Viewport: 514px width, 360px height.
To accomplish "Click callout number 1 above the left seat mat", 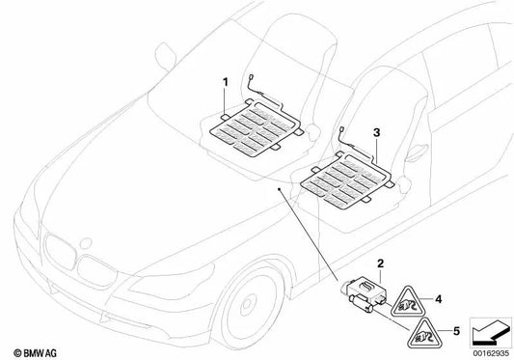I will pyautogui.click(x=225, y=82).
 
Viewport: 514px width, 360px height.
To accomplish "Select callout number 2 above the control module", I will pyautogui.click(x=381, y=263).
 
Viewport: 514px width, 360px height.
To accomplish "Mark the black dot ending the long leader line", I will pyautogui.click(x=281, y=190).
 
